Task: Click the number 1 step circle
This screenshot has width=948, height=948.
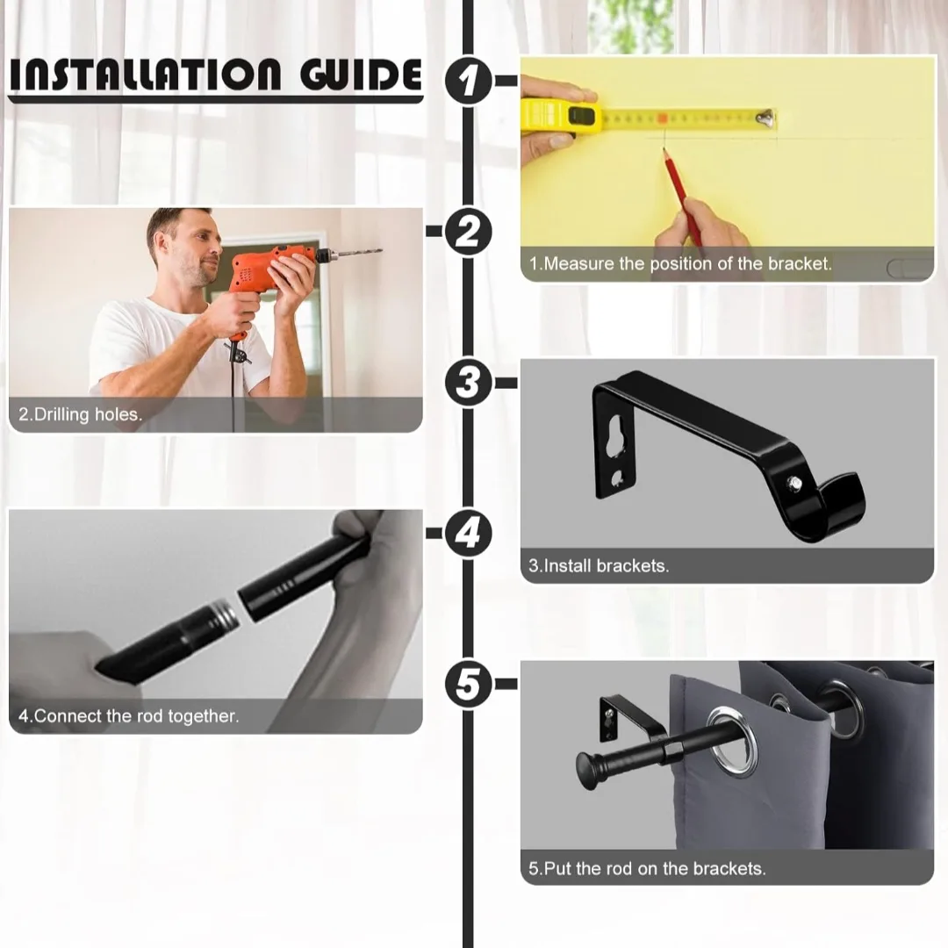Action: coord(470,81)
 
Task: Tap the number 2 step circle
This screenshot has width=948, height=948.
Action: coord(470,233)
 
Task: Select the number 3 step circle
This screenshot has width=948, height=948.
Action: coord(470,384)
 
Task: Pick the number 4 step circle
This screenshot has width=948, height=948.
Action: coord(470,534)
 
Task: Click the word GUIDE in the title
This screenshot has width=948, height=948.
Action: coord(360,76)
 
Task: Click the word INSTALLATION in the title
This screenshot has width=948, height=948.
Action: coord(149,76)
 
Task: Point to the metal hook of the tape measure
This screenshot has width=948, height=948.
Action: coord(765,116)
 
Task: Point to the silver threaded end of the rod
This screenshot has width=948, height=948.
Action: coord(224,617)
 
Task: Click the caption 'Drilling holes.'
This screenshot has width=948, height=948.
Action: coord(80,414)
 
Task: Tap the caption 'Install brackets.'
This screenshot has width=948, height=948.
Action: coord(599,566)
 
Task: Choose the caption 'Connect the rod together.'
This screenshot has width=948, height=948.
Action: coord(129,716)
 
